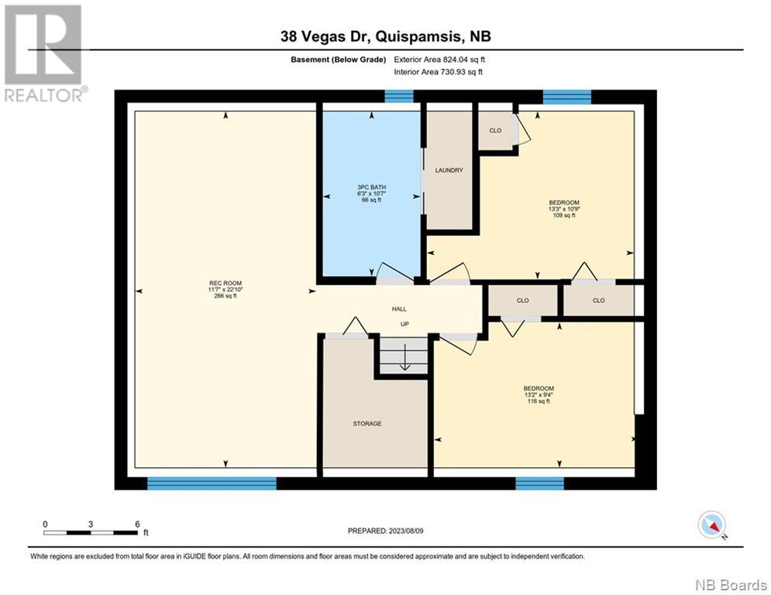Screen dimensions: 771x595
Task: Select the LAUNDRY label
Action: click(449, 170)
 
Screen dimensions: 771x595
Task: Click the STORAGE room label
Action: click(367, 423)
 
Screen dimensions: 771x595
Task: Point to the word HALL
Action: click(399, 309)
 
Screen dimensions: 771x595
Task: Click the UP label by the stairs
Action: click(404, 324)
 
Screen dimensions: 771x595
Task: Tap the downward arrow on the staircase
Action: click(404, 357)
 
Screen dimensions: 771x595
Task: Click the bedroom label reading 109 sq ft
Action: click(564, 208)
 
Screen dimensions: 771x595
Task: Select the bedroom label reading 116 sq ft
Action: click(539, 394)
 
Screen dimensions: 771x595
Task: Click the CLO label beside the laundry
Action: click(495, 130)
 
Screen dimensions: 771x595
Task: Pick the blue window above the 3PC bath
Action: click(399, 96)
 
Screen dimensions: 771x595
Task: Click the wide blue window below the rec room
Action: click(212, 483)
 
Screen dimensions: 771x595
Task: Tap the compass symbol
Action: click(712, 524)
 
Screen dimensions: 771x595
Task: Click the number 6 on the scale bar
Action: click(137, 524)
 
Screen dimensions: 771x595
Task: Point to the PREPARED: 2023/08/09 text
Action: click(386, 531)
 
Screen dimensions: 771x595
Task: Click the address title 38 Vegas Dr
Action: click(325, 36)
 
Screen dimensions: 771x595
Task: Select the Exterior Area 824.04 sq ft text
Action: click(439, 60)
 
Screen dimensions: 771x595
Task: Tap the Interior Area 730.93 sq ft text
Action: click(438, 72)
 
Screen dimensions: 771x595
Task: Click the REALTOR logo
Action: click(45, 53)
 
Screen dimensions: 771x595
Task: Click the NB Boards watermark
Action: click(731, 585)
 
